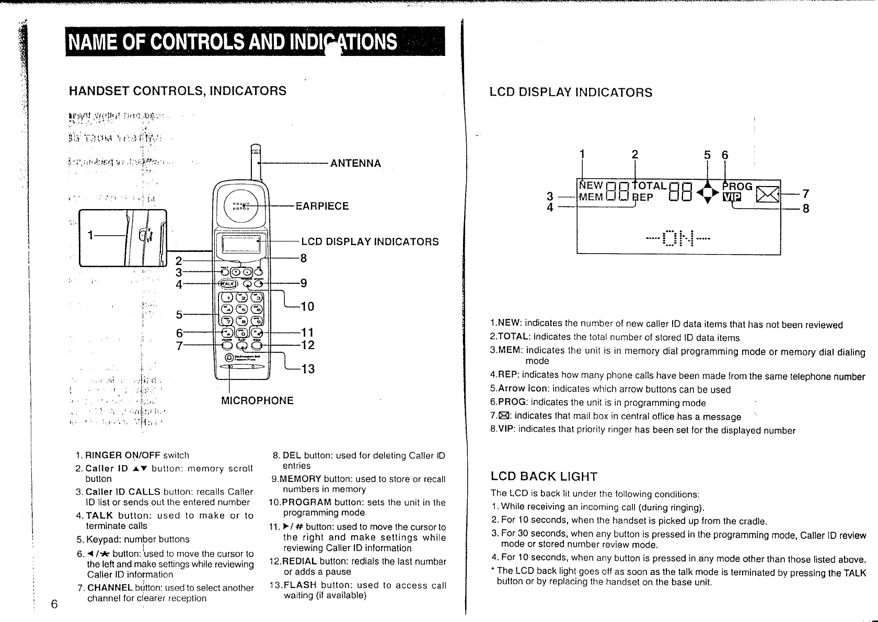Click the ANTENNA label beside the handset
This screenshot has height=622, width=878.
click(x=355, y=164)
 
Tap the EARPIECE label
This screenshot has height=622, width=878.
click(x=322, y=206)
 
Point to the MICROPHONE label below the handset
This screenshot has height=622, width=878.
click(x=257, y=400)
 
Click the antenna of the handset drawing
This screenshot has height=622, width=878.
click(x=255, y=165)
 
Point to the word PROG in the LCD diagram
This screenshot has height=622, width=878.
click(x=737, y=186)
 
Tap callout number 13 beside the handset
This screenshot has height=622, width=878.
click(x=308, y=370)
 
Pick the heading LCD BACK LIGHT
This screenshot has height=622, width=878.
click(x=544, y=477)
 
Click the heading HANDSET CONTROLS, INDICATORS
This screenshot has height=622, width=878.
click(x=178, y=91)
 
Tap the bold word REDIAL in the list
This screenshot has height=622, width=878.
click(x=299, y=561)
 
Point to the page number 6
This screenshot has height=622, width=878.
click(x=54, y=604)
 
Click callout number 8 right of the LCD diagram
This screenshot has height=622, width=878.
click(x=805, y=209)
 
